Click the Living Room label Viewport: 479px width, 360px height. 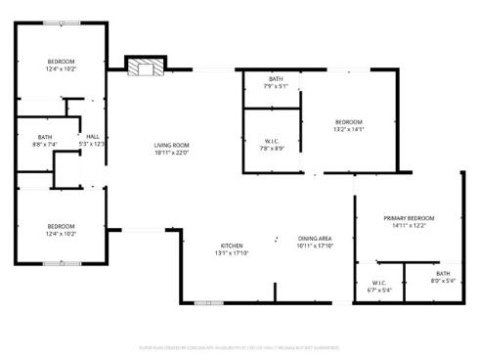(171, 146)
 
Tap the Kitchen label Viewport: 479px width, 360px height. (232, 246)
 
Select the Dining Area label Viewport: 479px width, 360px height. (316, 239)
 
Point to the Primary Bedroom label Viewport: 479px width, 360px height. (409, 218)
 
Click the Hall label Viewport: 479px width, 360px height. (93, 136)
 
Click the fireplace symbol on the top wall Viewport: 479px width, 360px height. (145, 67)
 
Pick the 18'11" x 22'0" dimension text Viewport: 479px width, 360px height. (171, 153)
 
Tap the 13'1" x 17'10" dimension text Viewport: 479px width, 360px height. (232, 252)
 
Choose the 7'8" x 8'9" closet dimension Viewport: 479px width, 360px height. (273, 148)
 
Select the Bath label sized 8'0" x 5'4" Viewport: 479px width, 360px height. (443, 274)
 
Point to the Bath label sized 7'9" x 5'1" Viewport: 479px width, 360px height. (276, 79)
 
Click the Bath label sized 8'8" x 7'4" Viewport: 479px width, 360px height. (45, 137)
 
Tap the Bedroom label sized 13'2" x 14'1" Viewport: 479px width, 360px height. (349, 122)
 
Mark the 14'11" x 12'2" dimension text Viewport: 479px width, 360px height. (409, 225)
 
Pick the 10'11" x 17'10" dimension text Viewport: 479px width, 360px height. (316, 246)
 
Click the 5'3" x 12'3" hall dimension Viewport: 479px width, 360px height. (93, 144)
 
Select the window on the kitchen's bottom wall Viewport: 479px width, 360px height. (208, 303)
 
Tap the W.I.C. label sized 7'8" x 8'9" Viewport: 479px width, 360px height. (273, 141)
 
